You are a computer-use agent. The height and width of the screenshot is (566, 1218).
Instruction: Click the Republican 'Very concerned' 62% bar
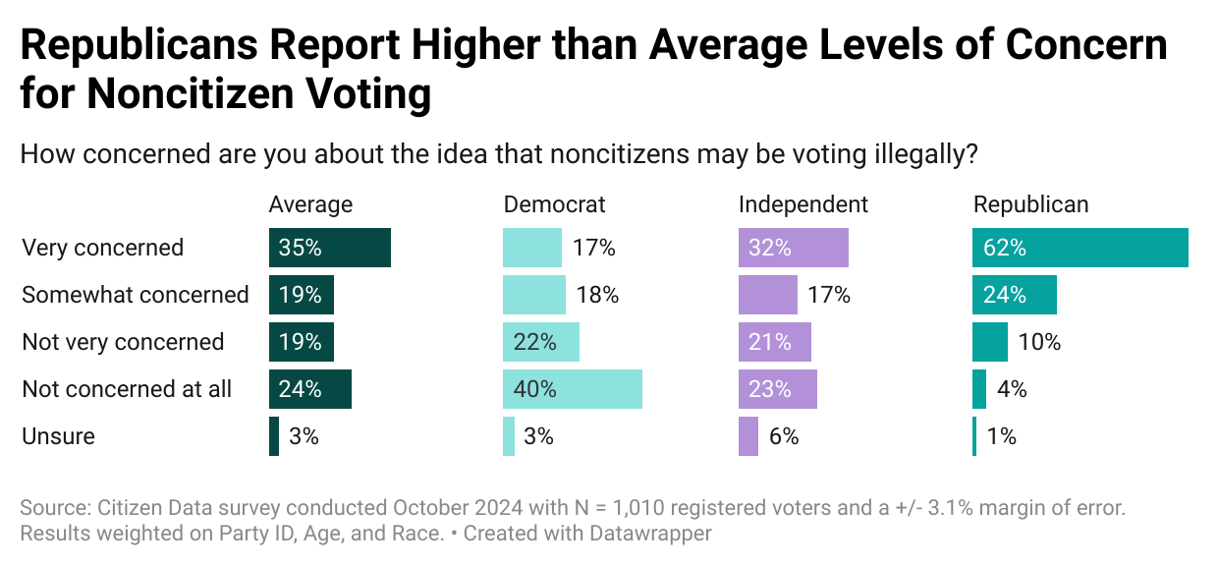point(1080,248)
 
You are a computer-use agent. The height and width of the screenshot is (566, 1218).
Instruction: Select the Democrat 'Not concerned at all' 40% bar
point(572,389)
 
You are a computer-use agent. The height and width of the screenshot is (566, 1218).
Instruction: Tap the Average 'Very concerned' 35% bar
point(329,248)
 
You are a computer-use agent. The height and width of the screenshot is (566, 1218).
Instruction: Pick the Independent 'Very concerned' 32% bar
point(793,248)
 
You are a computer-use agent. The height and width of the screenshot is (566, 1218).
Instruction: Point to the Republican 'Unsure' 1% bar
point(974,436)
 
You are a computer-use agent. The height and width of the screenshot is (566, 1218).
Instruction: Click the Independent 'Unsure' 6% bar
point(747,436)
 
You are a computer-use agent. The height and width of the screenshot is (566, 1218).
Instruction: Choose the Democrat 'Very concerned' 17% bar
point(531,248)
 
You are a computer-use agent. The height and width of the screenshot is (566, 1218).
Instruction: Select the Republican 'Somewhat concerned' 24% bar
point(1014,295)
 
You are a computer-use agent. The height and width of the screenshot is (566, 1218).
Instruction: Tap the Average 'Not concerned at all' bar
point(309,389)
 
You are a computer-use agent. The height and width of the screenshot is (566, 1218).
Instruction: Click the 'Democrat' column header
point(554,204)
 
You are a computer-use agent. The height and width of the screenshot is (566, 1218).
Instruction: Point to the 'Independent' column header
point(803,204)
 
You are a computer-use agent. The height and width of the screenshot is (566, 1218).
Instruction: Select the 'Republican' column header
point(1030,204)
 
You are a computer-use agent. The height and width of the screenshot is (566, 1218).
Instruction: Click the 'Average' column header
point(310,204)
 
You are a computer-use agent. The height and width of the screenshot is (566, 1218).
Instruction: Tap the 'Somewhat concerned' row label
point(135,295)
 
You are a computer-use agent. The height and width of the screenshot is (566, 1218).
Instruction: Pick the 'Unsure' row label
point(58,436)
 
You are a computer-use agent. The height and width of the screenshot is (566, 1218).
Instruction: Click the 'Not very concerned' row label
point(123,342)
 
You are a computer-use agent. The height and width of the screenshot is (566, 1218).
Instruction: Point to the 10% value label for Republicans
point(1039,342)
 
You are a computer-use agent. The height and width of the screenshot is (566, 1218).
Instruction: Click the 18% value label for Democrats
point(597,295)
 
